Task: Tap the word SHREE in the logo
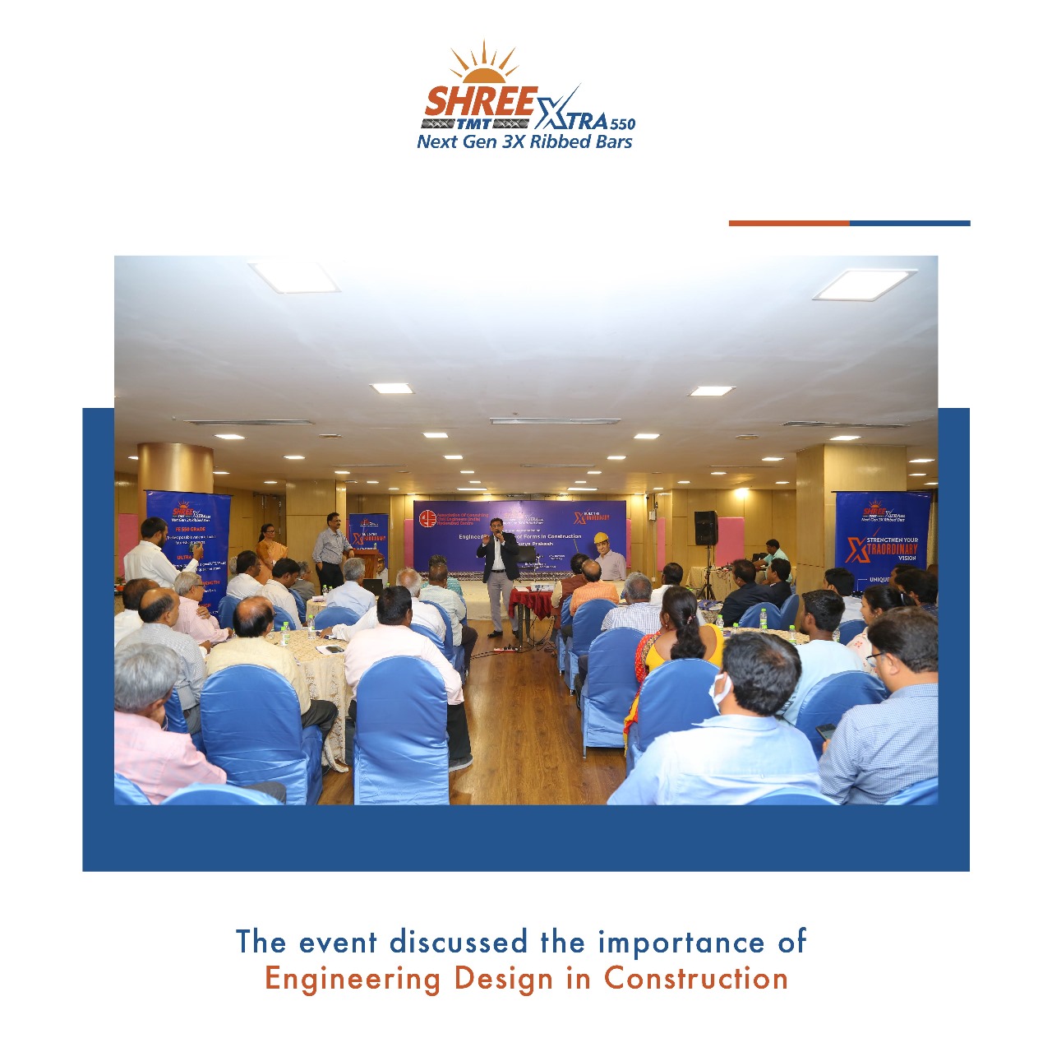pyautogui.click(x=480, y=102)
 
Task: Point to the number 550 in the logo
pyautogui.click(x=622, y=123)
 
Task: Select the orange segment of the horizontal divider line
pyautogui.click(x=788, y=223)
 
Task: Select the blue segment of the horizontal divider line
pyautogui.click(x=910, y=223)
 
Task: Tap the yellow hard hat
pyautogui.click(x=601, y=538)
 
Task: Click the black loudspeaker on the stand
pyautogui.click(x=706, y=528)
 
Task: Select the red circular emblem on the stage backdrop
pyautogui.click(x=427, y=519)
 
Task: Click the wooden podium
pyautogui.click(x=367, y=563)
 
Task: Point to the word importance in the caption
pyautogui.click(x=681, y=942)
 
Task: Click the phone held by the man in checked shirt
pyautogui.click(x=825, y=731)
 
